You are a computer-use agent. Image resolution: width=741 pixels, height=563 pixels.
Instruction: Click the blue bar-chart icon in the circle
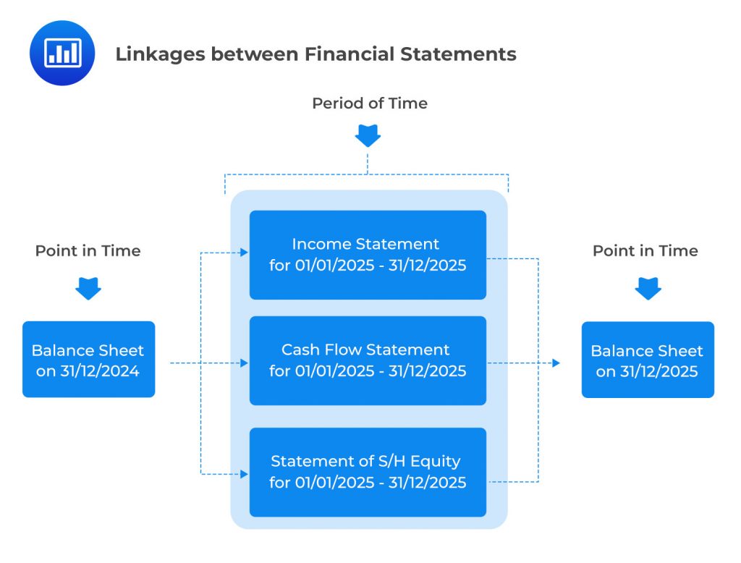click(62, 53)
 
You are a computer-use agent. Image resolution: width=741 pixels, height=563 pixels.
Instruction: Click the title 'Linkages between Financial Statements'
click(316, 54)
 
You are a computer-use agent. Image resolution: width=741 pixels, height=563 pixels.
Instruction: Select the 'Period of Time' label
click(369, 103)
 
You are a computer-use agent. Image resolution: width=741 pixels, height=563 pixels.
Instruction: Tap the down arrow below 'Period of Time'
click(368, 136)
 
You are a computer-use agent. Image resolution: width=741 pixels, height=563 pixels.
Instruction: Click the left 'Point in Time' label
click(88, 251)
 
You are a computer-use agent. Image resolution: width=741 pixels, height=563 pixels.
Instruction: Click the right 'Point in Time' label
click(645, 251)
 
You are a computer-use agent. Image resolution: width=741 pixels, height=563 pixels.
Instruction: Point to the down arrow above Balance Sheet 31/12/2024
click(88, 289)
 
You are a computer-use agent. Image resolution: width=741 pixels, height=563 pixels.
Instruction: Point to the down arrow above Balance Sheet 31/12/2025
click(647, 289)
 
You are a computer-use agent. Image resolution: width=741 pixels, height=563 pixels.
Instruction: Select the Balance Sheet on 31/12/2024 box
click(88, 360)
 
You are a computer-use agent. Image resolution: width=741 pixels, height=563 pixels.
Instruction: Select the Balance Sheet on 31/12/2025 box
click(648, 360)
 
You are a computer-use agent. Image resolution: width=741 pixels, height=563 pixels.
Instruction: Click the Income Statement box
click(368, 255)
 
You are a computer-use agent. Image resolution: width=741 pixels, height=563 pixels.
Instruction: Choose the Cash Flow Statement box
click(368, 360)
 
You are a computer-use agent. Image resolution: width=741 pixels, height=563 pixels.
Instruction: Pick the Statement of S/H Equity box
click(368, 472)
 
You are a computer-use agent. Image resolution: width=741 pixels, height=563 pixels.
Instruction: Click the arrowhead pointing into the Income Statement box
click(244, 253)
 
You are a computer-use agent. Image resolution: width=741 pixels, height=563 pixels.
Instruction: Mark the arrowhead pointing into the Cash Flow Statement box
click(244, 363)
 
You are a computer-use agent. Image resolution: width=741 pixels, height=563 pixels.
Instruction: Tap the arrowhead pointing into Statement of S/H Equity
click(244, 474)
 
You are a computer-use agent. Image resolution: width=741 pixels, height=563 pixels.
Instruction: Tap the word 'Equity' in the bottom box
click(436, 461)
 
